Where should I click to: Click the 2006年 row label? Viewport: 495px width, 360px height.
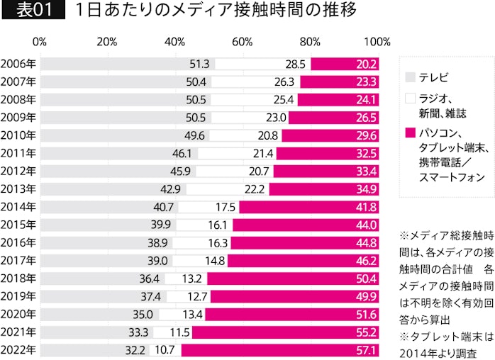point(18,64)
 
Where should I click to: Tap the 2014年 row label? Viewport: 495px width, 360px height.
point(18,208)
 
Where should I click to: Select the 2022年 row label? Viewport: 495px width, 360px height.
point(18,349)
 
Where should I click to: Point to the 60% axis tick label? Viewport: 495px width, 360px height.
point(242,41)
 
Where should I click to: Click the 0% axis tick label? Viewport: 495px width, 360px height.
point(40,41)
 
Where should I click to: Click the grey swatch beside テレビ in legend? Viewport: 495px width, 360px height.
point(409,76)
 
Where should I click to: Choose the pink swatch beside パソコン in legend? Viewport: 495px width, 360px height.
point(409,133)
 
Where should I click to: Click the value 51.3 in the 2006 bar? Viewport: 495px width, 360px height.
point(199,64)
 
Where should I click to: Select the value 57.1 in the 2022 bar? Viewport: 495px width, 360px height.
point(367,349)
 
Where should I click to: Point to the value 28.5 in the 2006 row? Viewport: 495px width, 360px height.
point(295,64)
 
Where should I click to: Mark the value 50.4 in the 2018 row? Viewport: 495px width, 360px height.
point(367,278)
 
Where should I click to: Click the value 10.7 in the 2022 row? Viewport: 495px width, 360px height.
point(166,349)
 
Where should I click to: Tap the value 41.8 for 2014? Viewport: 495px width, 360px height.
point(367,208)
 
